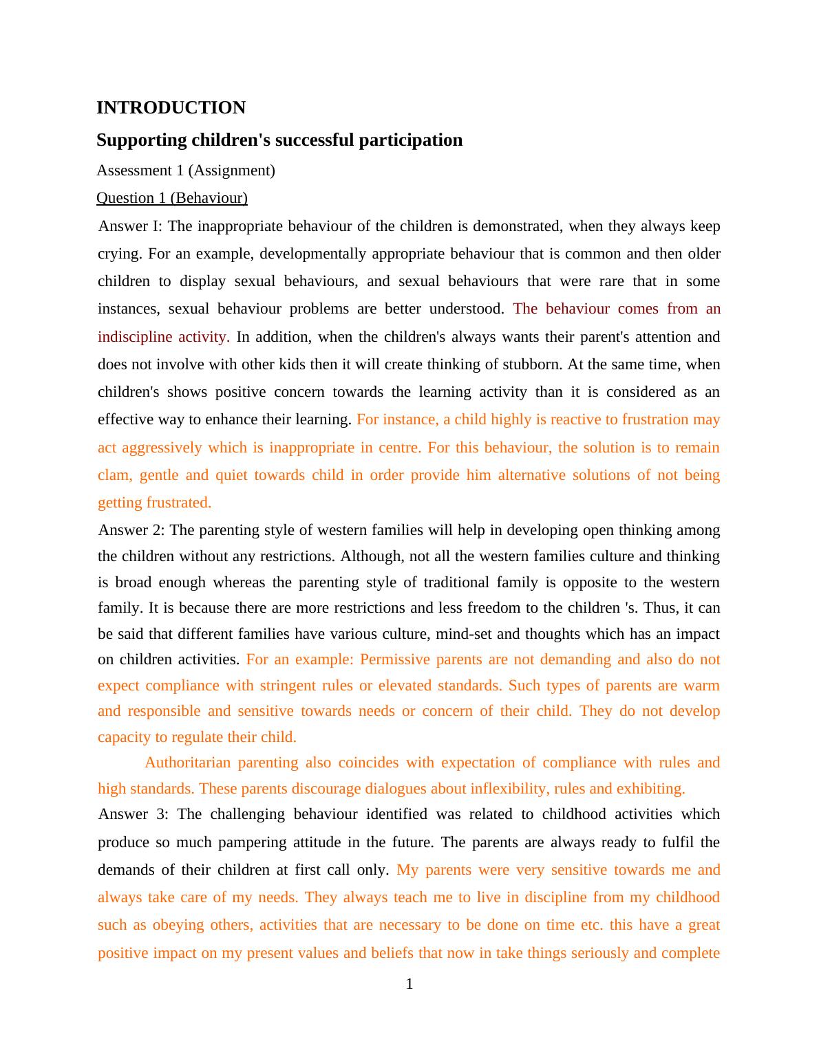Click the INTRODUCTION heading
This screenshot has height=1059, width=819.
(x=171, y=108)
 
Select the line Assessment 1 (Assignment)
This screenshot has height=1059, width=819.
(x=185, y=171)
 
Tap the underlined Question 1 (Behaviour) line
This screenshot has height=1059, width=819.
(x=171, y=198)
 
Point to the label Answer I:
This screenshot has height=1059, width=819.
(x=130, y=226)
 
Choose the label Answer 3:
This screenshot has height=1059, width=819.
(x=133, y=814)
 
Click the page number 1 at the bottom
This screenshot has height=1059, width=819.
(x=409, y=984)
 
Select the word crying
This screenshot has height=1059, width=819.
(x=120, y=254)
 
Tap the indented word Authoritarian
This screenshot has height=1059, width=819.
(x=187, y=763)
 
